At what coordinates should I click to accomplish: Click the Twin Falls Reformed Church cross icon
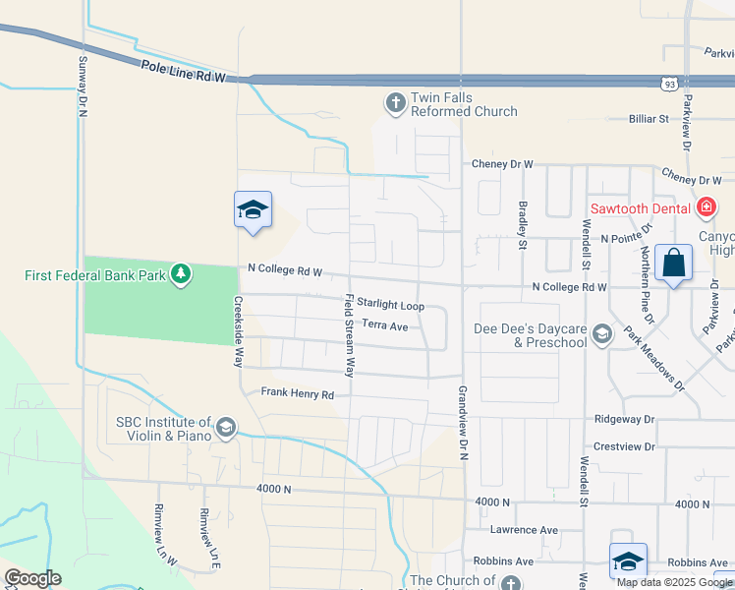pos(395,103)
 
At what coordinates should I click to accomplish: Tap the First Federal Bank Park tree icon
pos(180,274)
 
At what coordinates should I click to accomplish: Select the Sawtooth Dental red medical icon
pos(705,207)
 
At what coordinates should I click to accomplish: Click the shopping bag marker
pos(674,264)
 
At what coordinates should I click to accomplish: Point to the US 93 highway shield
pos(668,85)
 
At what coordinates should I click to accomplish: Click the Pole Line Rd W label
pos(183,72)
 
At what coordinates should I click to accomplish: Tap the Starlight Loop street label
pos(390,306)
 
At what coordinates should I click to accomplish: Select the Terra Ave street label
pos(384,325)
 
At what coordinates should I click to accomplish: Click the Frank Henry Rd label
pos(298,393)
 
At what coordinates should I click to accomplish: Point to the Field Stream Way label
pos(348,335)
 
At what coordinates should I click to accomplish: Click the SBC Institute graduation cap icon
pos(225,426)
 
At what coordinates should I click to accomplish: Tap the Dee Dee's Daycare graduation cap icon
pos(601,335)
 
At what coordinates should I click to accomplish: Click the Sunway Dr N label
pos(83,85)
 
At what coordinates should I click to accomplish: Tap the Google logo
pos(32,578)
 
